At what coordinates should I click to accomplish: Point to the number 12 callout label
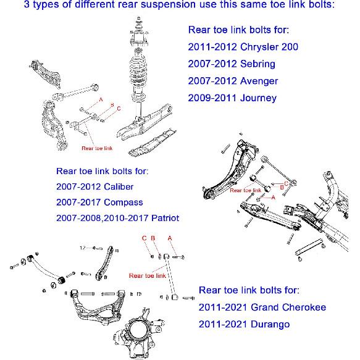point(83,248)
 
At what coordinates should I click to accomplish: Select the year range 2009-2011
point(211,98)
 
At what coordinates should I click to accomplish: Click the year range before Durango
point(222,324)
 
